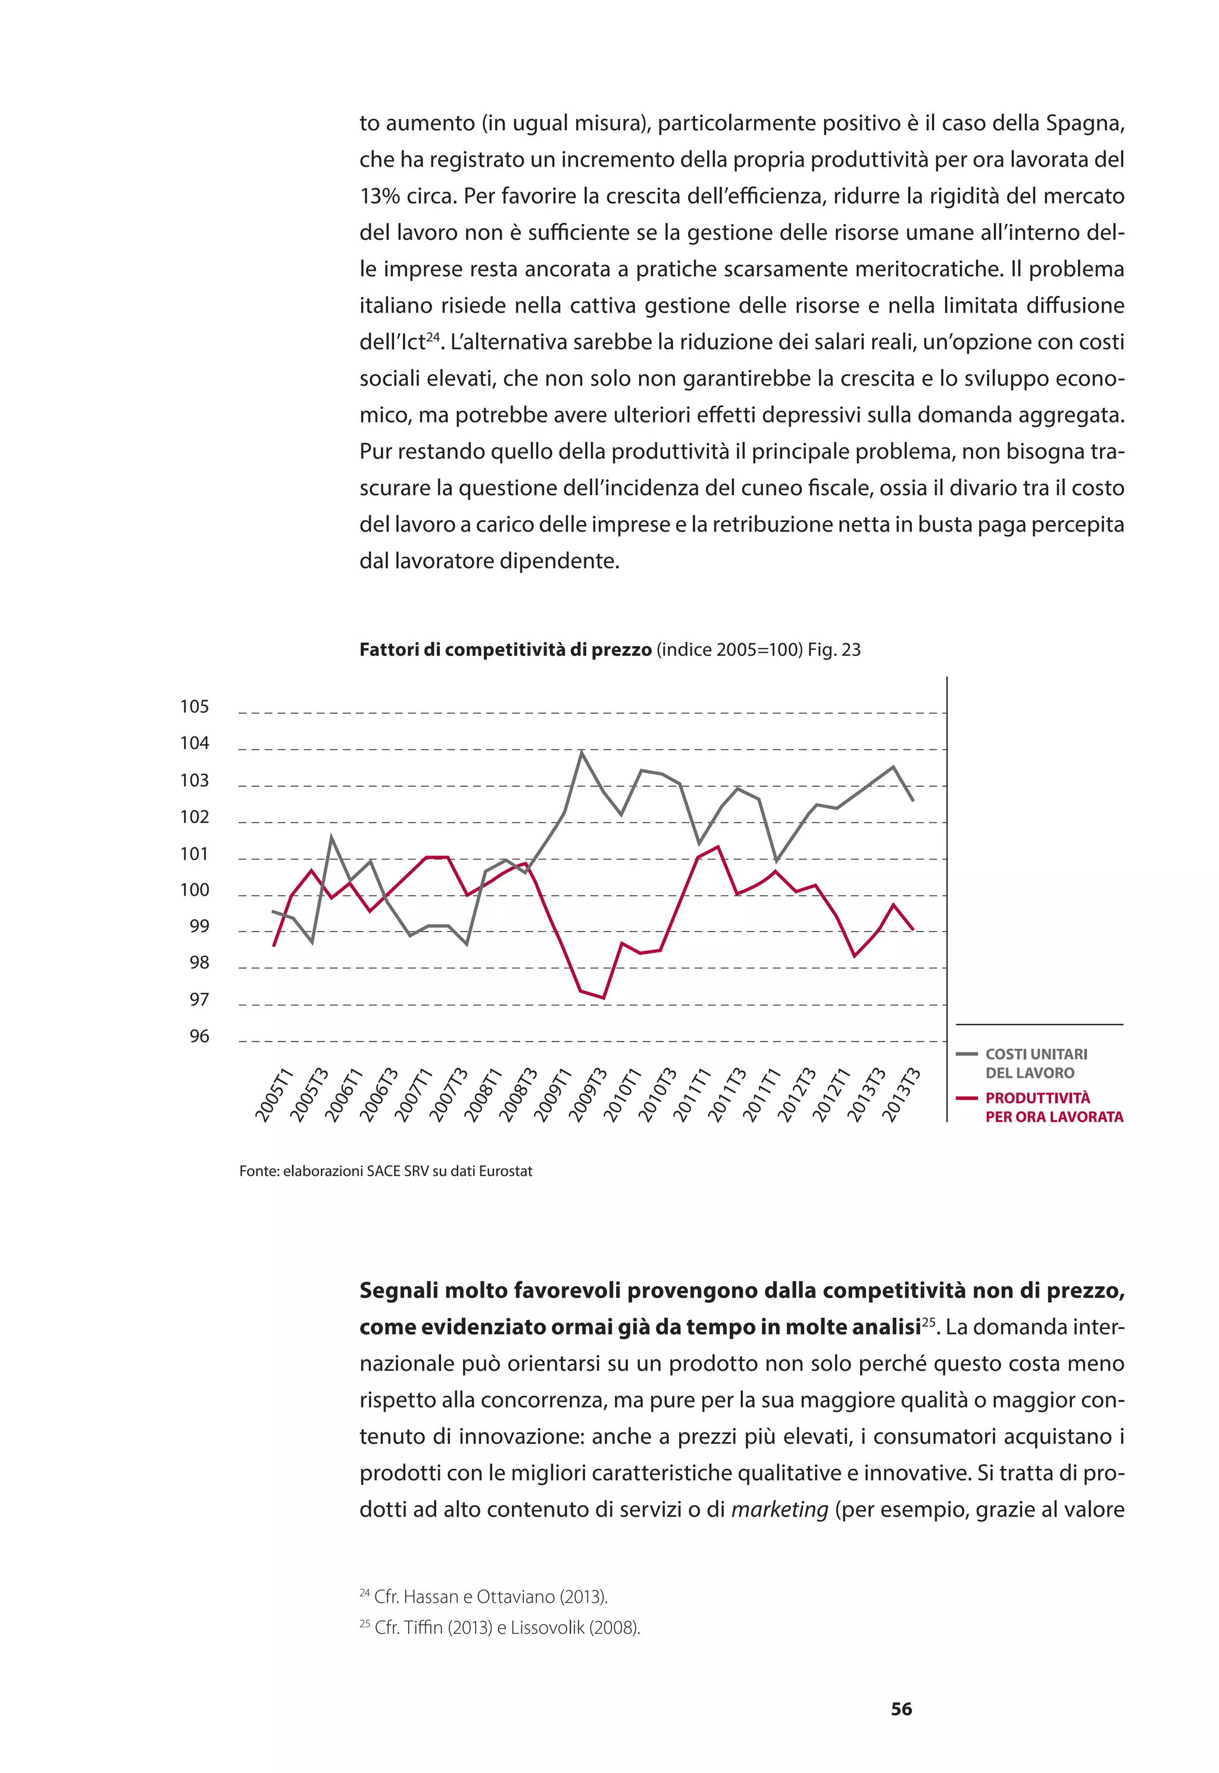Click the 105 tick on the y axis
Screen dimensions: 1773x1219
[194, 707]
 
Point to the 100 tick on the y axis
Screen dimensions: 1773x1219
[194, 890]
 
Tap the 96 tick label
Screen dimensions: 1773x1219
[199, 1037]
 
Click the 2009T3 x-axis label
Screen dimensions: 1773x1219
[587, 1096]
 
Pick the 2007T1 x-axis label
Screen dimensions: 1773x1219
[413, 1096]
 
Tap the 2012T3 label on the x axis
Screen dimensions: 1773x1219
[795, 1096]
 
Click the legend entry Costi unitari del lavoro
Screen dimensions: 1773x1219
[1035, 1064]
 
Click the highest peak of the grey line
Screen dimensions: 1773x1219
[582, 752]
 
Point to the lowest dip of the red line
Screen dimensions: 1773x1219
[604, 998]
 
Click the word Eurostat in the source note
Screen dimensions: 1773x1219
[505, 1171]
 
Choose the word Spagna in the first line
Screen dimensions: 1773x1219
[1084, 123]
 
